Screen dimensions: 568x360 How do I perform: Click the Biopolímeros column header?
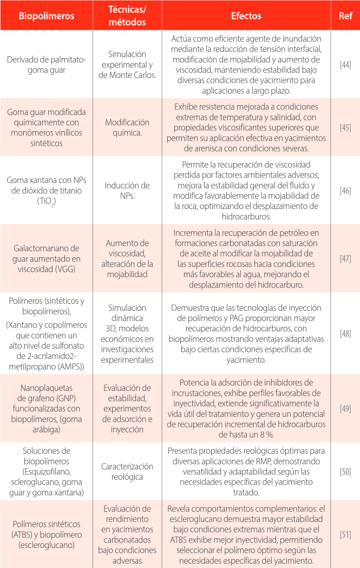click(x=47, y=16)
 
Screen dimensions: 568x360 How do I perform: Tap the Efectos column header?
click(x=246, y=16)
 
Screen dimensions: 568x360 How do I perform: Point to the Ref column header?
click(x=345, y=16)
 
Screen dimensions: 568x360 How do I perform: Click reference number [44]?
click(x=345, y=65)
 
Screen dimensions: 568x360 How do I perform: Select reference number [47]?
click(x=345, y=258)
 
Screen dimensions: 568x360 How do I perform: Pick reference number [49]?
click(x=345, y=406)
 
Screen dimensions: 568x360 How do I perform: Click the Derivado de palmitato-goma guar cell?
click(x=47, y=65)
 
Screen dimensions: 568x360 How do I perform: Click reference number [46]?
click(x=345, y=190)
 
